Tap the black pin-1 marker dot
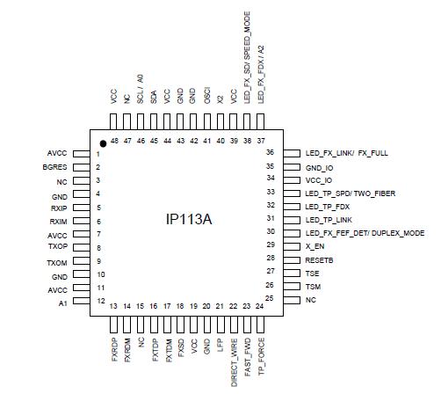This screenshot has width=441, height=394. tap(103, 143)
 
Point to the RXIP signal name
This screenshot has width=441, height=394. tap(58, 208)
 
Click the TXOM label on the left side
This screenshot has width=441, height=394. tap(57, 263)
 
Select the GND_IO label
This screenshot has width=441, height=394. tap(320, 166)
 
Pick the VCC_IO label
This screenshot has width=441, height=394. tap(320, 179)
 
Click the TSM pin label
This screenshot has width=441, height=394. tap(313, 287)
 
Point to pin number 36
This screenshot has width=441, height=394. tap(295, 153)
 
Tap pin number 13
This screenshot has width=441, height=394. tap(114, 305)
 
